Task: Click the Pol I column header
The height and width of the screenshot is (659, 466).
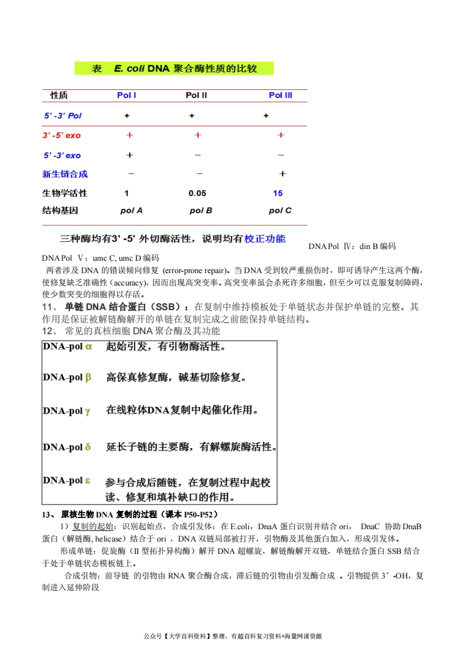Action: pyautogui.click(x=127, y=95)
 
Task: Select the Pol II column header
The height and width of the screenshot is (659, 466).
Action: pyautogui.click(x=196, y=95)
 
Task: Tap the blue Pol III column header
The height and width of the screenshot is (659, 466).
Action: pyautogui.click(x=280, y=95)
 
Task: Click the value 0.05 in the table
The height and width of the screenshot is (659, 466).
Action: pyautogui.click(x=197, y=193)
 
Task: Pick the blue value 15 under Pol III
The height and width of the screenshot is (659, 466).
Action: pyautogui.click(x=278, y=193)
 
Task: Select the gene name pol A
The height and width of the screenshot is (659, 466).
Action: pyautogui.click(x=131, y=210)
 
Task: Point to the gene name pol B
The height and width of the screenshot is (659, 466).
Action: pyautogui.click(x=201, y=210)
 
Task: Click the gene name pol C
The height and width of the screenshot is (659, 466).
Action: pyautogui.click(x=280, y=210)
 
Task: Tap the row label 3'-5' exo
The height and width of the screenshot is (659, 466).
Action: pyautogui.click(x=62, y=136)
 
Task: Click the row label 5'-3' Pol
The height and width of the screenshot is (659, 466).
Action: pyautogui.click(x=63, y=116)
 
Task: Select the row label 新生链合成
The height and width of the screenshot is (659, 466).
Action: pyautogui.click(x=65, y=174)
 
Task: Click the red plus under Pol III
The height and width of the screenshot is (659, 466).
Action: pyautogui.click(x=281, y=135)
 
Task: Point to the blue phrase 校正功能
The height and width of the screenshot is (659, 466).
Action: pyautogui.click(x=265, y=238)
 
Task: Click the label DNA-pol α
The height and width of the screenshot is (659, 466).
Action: pyautogui.click(x=68, y=347)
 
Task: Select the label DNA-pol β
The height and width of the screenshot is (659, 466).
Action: pyautogui.click(x=67, y=377)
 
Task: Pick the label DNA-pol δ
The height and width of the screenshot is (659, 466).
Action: pyautogui.click(x=67, y=447)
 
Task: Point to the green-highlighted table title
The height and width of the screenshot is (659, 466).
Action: pyautogui.click(x=174, y=69)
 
